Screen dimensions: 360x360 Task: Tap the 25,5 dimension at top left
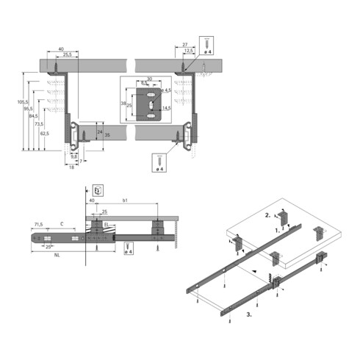[x=67, y=55]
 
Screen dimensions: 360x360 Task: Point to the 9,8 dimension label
[x=73, y=156]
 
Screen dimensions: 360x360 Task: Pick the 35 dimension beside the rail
[x=107, y=136]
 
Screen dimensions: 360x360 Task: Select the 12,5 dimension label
[x=189, y=51]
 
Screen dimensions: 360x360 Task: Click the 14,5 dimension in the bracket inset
[x=167, y=108]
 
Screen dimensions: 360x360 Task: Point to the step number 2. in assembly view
[x=268, y=215]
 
